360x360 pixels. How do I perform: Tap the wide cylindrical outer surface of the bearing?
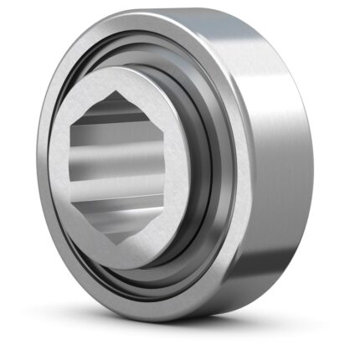tap(276, 167)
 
